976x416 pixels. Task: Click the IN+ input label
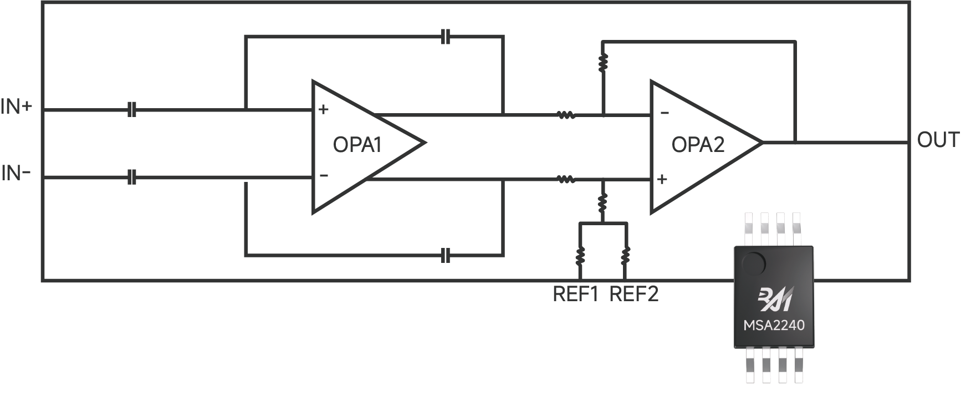(x=17, y=106)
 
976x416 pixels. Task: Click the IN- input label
(x=16, y=174)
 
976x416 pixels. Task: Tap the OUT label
(x=938, y=140)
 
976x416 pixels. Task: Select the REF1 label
(x=576, y=294)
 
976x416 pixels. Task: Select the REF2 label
(x=634, y=294)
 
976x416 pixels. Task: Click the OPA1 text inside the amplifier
(x=357, y=145)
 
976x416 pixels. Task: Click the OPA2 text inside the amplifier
(x=698, y=145)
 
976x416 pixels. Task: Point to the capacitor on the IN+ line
(x=131, y=109)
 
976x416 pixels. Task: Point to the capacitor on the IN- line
(x=131, y=178)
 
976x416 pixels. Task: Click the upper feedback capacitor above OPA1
(x=446, y=38)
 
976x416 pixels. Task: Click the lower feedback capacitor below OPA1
(x=446, y=256)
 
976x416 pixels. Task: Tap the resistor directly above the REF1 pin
(x=580, y=256)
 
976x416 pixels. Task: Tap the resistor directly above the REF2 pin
(x=625, y=256)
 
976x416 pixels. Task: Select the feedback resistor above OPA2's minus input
(x=603, y=63)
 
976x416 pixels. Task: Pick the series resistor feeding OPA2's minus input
(x=565, y=115)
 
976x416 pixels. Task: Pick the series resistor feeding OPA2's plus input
(x=565, y=179)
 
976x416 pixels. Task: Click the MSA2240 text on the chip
(x=774, y=326)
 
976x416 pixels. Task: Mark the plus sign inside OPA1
(x=324, y=109)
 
